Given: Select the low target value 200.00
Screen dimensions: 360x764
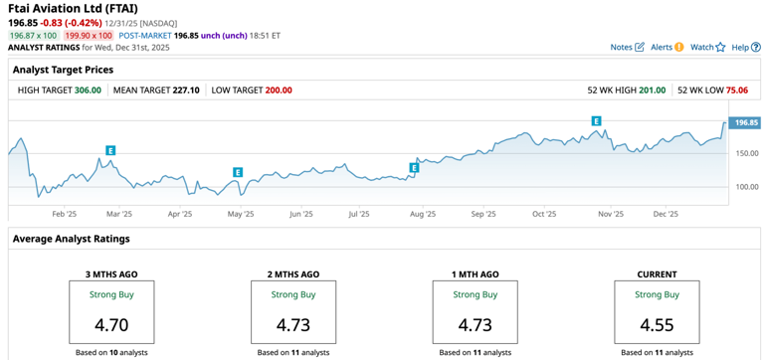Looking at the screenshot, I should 279,90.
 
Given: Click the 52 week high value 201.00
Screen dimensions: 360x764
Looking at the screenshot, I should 652,90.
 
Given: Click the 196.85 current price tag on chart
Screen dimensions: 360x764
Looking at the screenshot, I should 745,122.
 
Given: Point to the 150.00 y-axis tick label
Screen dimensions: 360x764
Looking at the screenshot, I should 746,153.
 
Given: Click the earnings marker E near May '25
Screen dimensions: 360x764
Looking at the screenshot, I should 238,172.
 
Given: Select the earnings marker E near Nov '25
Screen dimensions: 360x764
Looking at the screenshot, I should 596,121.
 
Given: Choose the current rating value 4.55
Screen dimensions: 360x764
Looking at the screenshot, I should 656,324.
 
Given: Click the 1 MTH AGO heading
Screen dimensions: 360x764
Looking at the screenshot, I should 475,274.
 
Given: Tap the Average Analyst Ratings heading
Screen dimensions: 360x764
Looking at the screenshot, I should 71,239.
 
